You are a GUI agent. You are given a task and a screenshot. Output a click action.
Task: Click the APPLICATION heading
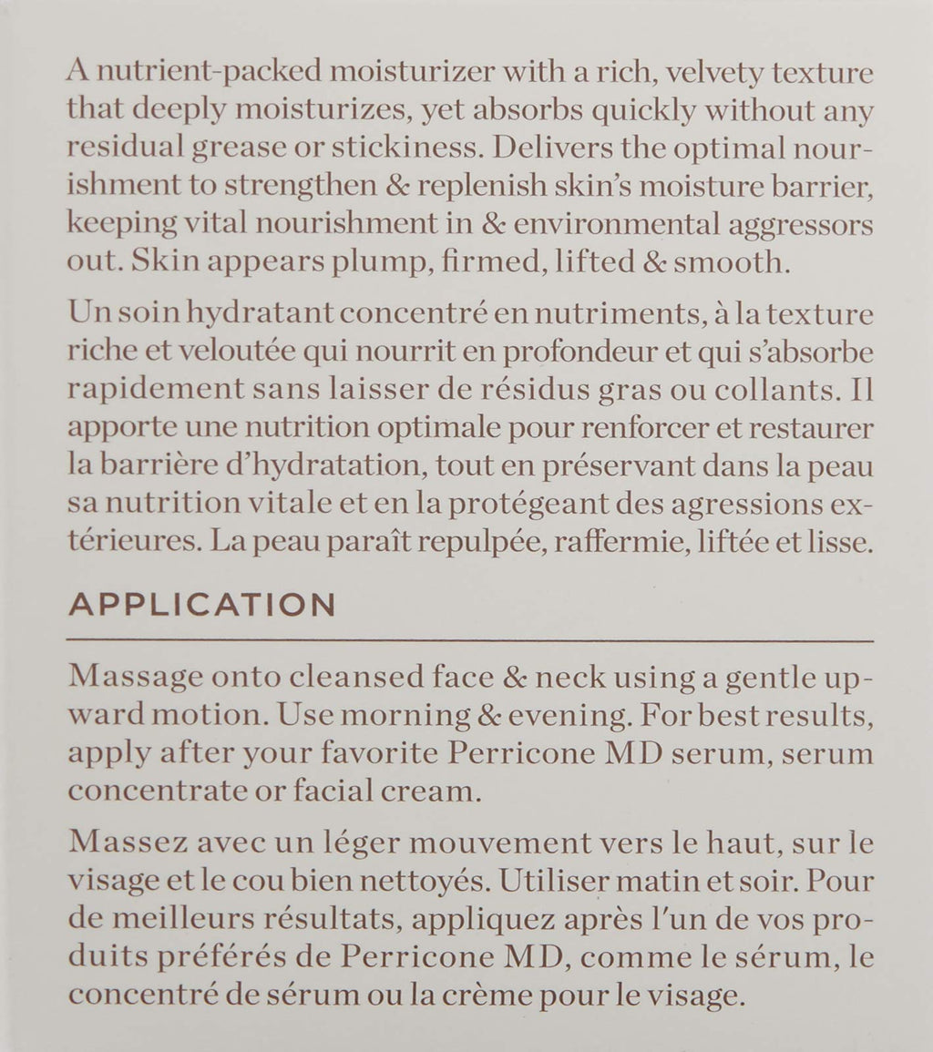coord(201,606)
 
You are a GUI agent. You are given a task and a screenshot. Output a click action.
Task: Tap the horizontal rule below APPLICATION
coord(470,641)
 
